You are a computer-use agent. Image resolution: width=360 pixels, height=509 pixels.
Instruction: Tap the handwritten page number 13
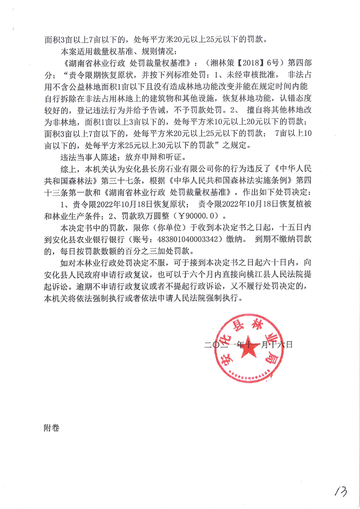point(340,490)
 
